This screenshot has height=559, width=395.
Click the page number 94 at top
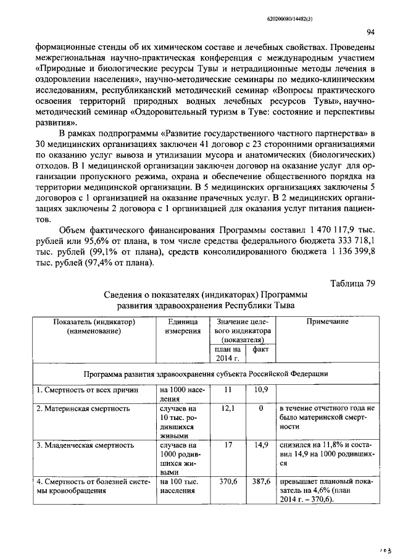point(370,32)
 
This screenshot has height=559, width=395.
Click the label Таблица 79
point(352,284)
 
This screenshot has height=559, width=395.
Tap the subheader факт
point(260,350)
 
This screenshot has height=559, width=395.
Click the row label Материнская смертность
point(83,409)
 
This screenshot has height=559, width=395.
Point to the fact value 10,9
point(260,390)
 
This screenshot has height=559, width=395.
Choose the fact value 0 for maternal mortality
point(260,409)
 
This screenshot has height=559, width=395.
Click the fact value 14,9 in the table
point(260,445)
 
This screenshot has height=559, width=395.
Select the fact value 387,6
point(260,481)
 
